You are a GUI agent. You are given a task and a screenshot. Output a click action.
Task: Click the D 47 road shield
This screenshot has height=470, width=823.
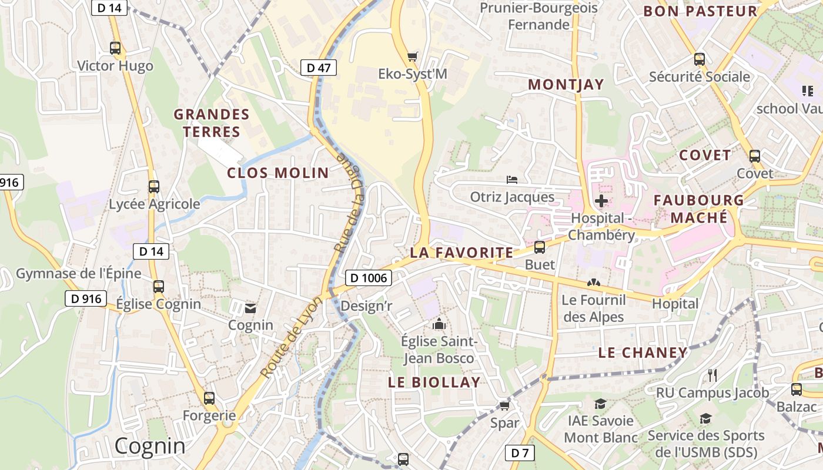pyautogui.click(x=319, y=68)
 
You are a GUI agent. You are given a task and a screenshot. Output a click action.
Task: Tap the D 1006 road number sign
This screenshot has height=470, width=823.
pyautogui.click(x=368, y=278)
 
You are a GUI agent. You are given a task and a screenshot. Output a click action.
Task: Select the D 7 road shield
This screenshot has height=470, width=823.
pyautogui.click(x=520, y=452)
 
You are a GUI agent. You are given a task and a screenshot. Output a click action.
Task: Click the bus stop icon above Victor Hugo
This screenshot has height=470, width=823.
pyautogui.click(x=115, y=48)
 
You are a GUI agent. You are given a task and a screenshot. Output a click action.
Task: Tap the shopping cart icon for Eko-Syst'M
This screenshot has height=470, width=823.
pyautogui.click(x=413, y=56)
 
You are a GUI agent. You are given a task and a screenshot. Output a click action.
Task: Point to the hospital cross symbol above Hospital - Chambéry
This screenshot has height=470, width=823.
pyautogui.click(x=601, y=202)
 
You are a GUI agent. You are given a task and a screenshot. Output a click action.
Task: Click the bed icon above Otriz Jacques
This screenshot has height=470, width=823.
pyautogui.click(x=512, y=179)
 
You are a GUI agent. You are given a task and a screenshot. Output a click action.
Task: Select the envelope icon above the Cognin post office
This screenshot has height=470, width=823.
pyautogui.click(x=250, y=308)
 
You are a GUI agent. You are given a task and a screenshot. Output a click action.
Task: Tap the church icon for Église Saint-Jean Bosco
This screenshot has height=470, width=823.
pyautogui.click(x=439, y=324)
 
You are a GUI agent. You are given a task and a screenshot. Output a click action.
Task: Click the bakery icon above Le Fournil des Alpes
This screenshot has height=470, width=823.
pyautogui.click(x=593, y=283)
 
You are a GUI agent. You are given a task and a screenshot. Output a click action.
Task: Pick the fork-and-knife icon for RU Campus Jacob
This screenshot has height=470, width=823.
pyautogui.click(x=712, y=375)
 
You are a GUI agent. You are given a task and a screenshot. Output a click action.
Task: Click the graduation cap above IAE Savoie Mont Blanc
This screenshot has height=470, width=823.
pyautogui.click(x=600, y=404)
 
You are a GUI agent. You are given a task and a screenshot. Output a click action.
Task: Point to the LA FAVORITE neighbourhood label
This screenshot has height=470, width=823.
pyautogui.click(x=461, y=253)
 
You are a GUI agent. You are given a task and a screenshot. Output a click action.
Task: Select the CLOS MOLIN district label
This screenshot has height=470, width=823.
pyautogui.click(x=277, y=173)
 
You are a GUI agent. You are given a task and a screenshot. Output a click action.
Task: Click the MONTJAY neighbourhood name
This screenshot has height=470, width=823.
pyautogui.click(x=566, y=85)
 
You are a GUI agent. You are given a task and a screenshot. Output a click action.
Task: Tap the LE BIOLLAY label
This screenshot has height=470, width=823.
pyautogui.click(x=434, y=382)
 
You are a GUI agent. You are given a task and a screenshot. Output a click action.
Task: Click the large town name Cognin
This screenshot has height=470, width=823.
pyautogui.click(x=150, y=446)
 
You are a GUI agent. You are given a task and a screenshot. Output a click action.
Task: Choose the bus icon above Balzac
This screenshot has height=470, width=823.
pyautogui.click(x=797, y=389)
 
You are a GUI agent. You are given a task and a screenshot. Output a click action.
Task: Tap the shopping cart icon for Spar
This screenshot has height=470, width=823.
pyautogui.click(x=504, y=405)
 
